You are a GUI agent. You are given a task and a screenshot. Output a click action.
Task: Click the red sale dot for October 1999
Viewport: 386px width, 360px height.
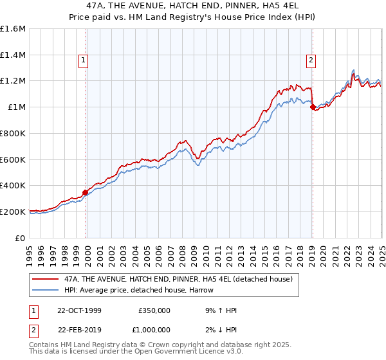pyautogui.click(x=86, y=192)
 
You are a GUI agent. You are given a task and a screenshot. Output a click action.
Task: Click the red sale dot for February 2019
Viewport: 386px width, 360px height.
pyautogui.click(x=313, y=107)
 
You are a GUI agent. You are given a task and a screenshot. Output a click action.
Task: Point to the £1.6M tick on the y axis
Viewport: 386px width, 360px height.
pyautogui.click(x=13, y=29)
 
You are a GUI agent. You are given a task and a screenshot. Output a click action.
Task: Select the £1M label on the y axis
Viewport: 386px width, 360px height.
pyautogui.click(x=17, y=107)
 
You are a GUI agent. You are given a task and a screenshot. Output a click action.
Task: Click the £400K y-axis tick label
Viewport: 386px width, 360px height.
pyautogui.click(x=13, y=185)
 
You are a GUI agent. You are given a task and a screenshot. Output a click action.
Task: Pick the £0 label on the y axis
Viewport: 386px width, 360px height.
pyautogui.click(x=21, y=238)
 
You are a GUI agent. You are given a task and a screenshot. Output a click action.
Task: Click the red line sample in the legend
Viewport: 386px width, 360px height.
pyautogui.click(x=45, y=279)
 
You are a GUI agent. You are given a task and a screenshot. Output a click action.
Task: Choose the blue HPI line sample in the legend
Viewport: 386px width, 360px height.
pyautogui.click(x=45, y=290)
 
